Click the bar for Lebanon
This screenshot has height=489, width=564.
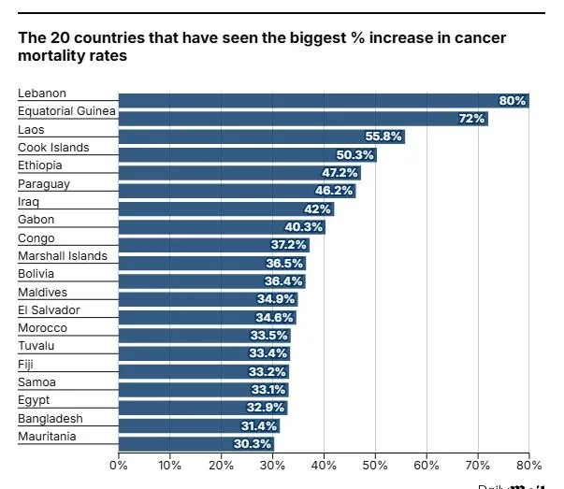click(323, 100)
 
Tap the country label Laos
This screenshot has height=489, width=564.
click(31, 130)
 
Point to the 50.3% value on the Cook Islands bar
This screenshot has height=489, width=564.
click(354, 154)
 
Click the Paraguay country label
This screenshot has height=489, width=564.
click(43, 184)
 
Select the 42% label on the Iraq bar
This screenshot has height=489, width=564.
click(318, 209)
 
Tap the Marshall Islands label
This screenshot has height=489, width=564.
click(62, 256)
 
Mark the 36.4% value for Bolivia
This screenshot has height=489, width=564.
click(283, 281)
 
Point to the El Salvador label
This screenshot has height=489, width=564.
click(49, 310)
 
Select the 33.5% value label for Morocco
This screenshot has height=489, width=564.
click(268, 336)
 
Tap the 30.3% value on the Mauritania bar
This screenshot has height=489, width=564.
click(253, 444)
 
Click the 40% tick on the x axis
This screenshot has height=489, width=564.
click(324, 465)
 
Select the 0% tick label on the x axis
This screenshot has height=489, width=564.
click(119, 465)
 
